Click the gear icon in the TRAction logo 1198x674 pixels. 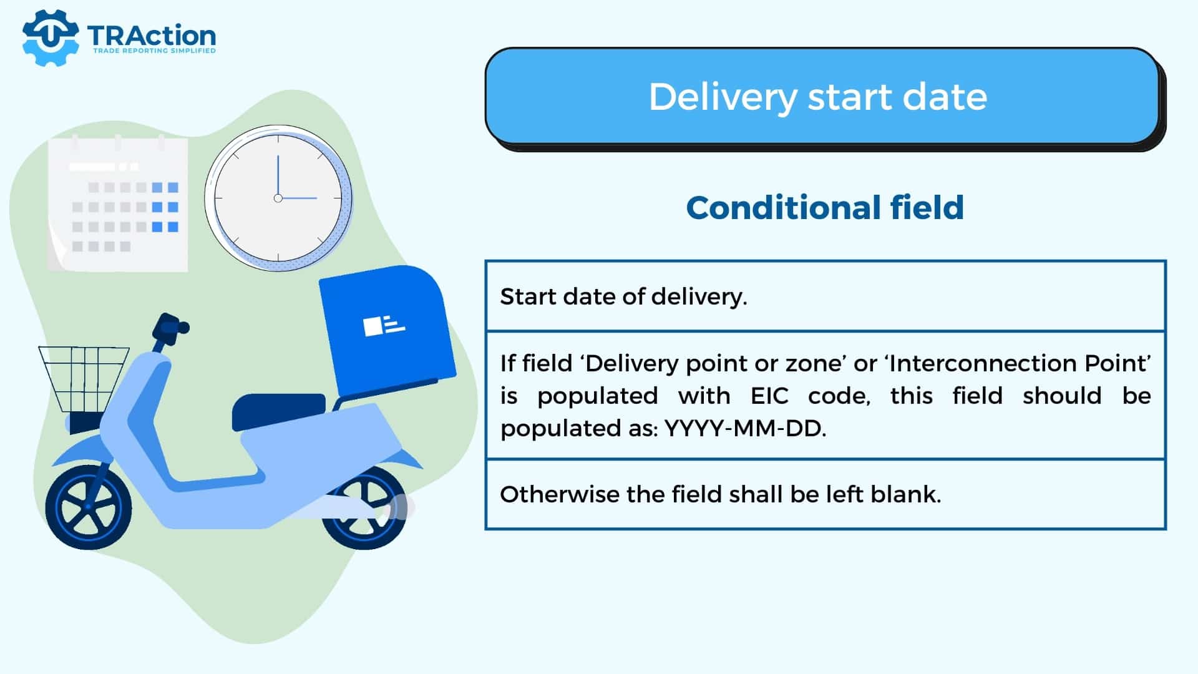(x=50, y=37)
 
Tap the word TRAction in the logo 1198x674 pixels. (x=152, y=36)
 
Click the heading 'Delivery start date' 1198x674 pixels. (x=818, y=97)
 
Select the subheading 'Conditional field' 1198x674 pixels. (x=825, y=207)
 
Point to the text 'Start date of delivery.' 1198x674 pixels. (x=623, y=296)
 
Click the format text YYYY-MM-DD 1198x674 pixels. (x=745, y=429)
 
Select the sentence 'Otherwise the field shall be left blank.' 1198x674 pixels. (x=721, y=494)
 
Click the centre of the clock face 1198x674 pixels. (x=278, y=198)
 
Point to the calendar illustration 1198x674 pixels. (x=118, y=204)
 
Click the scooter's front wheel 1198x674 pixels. (x=88, y=506)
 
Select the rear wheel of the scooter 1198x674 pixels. (x=364, y=507)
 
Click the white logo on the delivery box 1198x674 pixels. (x=384, y=326)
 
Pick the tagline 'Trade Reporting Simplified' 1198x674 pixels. (x=154, y=51)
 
